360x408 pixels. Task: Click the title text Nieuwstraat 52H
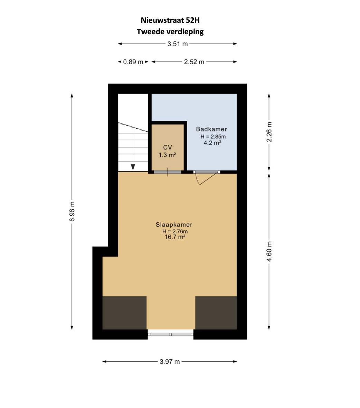170,20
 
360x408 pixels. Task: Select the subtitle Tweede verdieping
170,32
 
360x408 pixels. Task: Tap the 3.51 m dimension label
178,44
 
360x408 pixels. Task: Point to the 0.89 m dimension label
133,62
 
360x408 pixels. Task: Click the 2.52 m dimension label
194,62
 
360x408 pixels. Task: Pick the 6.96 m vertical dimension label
72,212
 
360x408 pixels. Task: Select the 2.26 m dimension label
269,132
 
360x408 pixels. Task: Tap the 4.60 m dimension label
269,251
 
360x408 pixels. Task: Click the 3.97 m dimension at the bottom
170,362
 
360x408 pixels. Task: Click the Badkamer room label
211,129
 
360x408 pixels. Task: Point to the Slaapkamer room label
174,224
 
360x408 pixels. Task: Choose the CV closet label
168,148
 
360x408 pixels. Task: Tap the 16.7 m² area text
175,237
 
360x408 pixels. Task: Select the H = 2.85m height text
213,137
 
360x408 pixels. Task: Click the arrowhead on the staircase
133,167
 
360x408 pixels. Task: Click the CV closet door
168,172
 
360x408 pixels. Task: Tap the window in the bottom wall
171,334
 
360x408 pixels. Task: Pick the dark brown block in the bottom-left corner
124,313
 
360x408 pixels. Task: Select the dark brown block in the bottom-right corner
216,313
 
